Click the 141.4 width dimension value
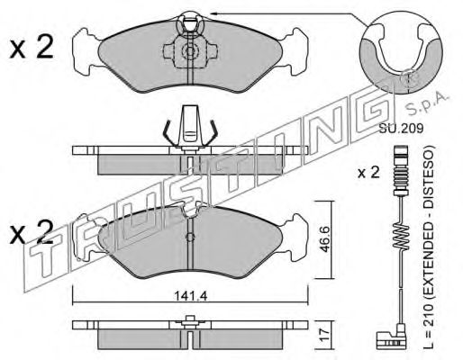(x=191, y=296)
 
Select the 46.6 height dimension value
(x=323, y=239)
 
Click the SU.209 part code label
(x=401, y=129)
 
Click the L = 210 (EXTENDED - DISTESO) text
(x=430, y=247)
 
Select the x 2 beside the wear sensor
(x=368, y=173)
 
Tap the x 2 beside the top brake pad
(x=32, y=47)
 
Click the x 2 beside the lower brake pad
(x=32, y=231)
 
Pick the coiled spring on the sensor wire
(x=401, y=236)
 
